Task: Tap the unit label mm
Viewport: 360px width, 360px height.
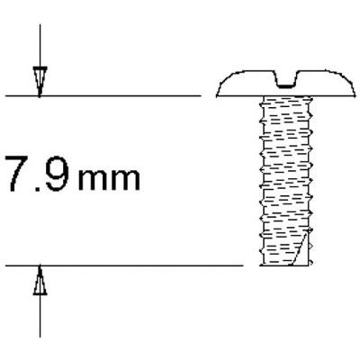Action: tap(110, 179)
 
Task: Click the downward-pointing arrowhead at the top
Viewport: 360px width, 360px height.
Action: tap(39, 82)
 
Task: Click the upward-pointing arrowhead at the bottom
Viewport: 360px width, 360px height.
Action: tap(39, 282)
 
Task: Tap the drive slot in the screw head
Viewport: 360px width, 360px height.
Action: tap(287, 79)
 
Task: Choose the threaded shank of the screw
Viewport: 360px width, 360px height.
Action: tap(286, 180)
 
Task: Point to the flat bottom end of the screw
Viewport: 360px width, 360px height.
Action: tap(286, 265)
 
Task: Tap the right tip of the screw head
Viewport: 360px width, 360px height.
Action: tap(355, 94)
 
